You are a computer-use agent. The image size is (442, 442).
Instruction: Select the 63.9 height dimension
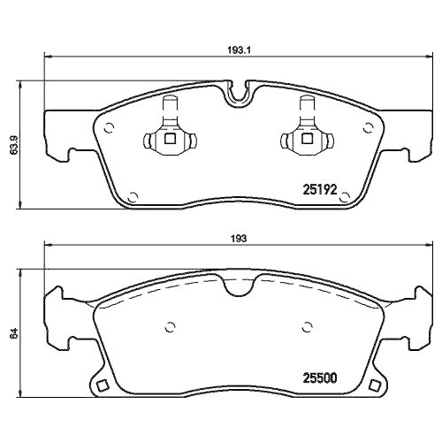pyautogui.click(x=12, y=145)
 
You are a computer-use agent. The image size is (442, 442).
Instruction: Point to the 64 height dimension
pyautogui.click(x=12, y=333)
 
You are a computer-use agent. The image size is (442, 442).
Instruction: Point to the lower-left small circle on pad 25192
pyautogui.click(x=133, y=196)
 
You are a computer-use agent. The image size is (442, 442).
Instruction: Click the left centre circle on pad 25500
pyautogui.click(x=167, y=324)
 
